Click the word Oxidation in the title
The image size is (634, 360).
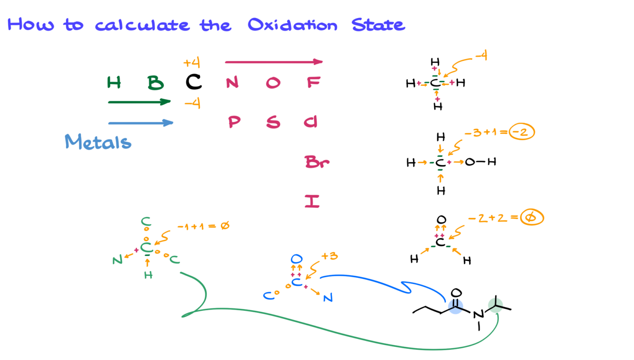pyautogui.click(x=292, y=25)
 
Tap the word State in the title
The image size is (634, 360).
pyautogui.click(x=378, y=25)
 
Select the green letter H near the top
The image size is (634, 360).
pyautogui.click(x=114, y=83)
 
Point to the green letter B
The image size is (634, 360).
pyautogui.click(x=156, y=83)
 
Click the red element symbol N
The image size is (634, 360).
pyautogui.click(x=232, y=83)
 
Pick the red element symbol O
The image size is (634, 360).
pyautogui.click(x=273, y=83)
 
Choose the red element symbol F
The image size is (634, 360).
pyautogui.click(x=314, y=83)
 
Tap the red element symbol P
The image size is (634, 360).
pyautogui.click(x=234, y=122)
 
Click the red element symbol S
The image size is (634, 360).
pyautogui.click(x=273, y=122)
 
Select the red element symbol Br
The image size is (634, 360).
pyautogui.click(x=317, y=162)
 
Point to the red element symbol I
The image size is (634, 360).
pyautogui.click(x=312, y=201)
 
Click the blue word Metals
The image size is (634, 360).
pyautogui.click(x=98, y=142)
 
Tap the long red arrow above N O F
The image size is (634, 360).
pyautogui.click(x=274, y=62)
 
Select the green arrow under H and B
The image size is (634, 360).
pyautogui.click(x=139, y=102)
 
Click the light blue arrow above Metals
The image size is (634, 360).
pyautogui.click(x=140, y=123)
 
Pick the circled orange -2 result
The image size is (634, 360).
pyautogui.click(x=522, y=133)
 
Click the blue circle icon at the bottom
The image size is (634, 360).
pyautogui.click(x=456, y=306)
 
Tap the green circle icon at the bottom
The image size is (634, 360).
pyautogui.click(x=495, y=305)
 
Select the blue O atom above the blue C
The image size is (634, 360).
pyautogui.click(x=296, y=259)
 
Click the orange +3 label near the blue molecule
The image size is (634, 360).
pyautogui.click(x=329, y=256)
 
